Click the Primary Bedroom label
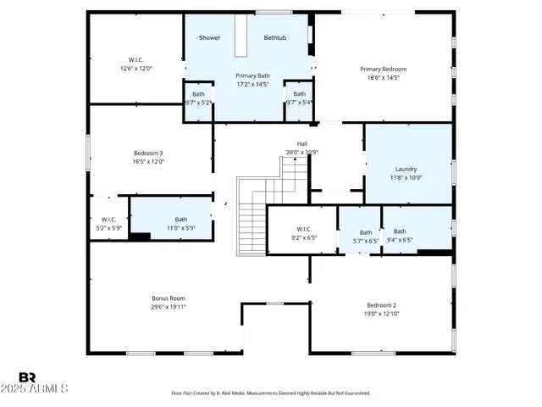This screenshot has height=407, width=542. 383,69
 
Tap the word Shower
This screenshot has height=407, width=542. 209,38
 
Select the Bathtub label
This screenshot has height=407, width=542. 275,38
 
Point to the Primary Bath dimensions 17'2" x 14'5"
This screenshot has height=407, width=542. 252,84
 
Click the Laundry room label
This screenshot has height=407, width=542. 406,169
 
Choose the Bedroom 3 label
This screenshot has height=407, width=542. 147,153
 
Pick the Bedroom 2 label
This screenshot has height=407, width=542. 381,305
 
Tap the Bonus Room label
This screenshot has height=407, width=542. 169,298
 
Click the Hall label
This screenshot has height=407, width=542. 301,143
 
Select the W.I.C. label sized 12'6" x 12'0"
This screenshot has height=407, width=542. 135,59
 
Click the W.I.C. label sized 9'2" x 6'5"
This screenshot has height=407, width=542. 305,229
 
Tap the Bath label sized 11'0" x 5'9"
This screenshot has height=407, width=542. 181,220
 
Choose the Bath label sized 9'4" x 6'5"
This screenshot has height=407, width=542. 400,231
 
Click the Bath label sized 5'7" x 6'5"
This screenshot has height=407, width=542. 366,232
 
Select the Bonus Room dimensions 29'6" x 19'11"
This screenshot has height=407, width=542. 169,307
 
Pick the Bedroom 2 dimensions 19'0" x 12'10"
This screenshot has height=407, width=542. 381,314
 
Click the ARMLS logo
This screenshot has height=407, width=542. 42,382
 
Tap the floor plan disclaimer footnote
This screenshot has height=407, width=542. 270,393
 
